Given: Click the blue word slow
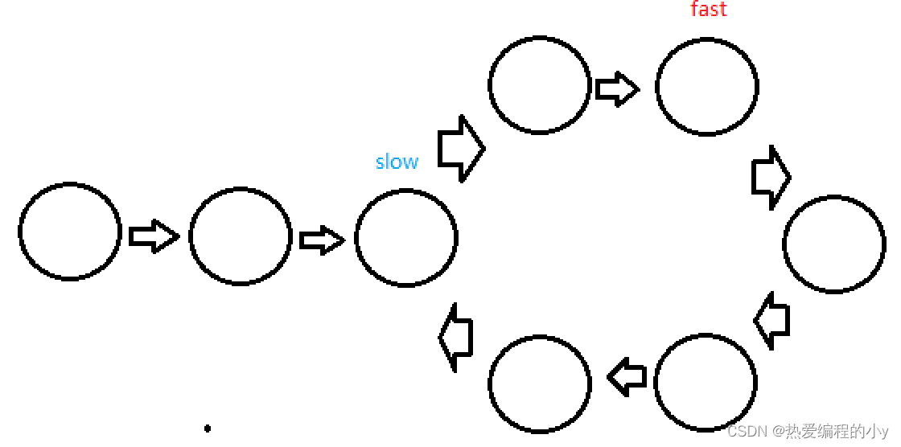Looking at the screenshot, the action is (397, 162).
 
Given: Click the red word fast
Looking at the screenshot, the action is (709, 9).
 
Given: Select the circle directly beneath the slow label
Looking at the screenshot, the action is (406, 238).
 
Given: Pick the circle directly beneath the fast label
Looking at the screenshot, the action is (707, 85).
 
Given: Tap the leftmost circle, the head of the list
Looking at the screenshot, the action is (70, 232).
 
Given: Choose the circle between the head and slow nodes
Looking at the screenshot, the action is (241, 236).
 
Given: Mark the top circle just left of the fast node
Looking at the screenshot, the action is (540, 84).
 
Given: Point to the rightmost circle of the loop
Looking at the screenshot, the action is (834, 244).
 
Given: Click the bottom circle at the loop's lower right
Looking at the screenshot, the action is (706, 383).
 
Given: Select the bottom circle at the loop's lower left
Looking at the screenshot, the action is (540, 383).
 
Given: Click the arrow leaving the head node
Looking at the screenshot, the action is (154, 236).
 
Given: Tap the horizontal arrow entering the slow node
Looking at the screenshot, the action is (322, 240).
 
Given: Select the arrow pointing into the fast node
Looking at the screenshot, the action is (617, 88).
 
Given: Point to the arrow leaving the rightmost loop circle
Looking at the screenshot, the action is (772, 320).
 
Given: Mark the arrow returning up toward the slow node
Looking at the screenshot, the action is (455, 338).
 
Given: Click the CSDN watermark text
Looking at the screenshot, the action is (807, 431).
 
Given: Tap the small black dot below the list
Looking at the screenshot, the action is (208, 429).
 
